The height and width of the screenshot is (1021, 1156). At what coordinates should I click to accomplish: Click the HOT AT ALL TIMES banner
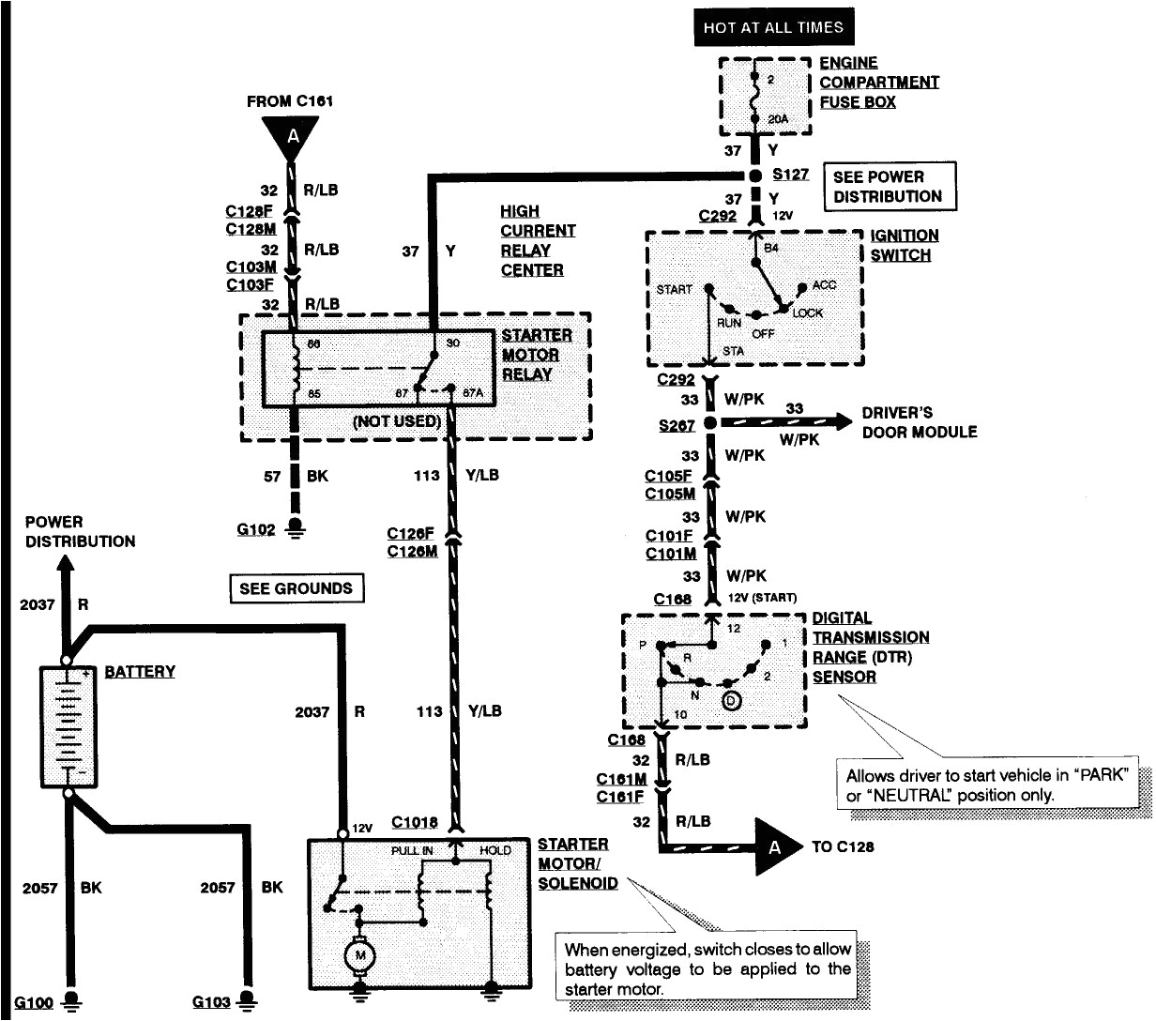[773, 28]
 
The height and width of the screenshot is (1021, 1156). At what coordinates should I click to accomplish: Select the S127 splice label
[790, 175]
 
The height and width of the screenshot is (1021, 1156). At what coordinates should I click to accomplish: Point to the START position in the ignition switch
[675, 289]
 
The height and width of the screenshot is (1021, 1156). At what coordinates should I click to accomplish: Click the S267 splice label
[677, 425]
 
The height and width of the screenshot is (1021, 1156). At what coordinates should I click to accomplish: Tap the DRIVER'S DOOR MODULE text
[919, 422]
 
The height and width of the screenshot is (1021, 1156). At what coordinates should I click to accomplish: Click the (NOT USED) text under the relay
[396, 421]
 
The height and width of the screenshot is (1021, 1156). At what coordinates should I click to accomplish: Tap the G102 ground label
[255, 530]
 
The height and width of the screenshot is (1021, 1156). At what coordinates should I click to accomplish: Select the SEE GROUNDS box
[296, 588]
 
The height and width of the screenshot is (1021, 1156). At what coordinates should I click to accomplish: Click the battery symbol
[68, 727]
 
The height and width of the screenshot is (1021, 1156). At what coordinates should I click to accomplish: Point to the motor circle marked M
[357, 956]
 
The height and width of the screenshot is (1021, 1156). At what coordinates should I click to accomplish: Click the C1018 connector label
[414, 823]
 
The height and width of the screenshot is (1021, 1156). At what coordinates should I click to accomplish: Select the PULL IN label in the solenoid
[412, 850]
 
